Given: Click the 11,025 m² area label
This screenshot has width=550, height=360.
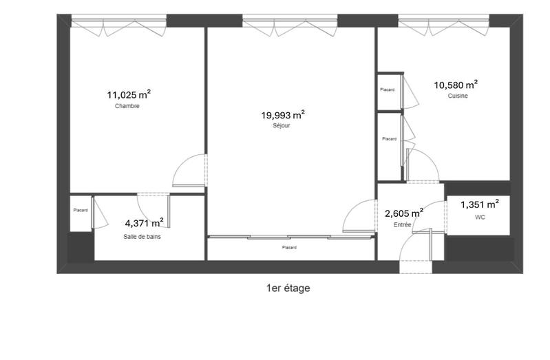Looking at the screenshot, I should click(129, 96).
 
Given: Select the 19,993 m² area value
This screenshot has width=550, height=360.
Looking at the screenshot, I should click(283, 116).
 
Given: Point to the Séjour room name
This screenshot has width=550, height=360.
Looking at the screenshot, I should click(282, 127).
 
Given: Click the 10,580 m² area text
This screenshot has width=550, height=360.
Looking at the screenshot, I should click(456, 85).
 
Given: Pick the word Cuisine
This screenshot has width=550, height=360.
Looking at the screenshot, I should click(458, 96).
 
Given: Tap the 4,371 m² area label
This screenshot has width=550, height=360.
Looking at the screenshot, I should click(144, 223).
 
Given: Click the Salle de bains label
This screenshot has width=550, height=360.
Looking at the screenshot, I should click(142, 236).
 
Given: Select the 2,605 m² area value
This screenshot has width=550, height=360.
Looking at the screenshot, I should click(403, 213).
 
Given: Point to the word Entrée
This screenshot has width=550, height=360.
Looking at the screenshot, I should click(402, 225).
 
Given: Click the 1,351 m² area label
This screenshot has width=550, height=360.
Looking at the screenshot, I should click(479, 204).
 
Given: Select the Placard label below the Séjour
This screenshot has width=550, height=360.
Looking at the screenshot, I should click(289, 248).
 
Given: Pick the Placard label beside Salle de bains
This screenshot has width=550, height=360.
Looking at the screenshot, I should click(81, 211).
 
